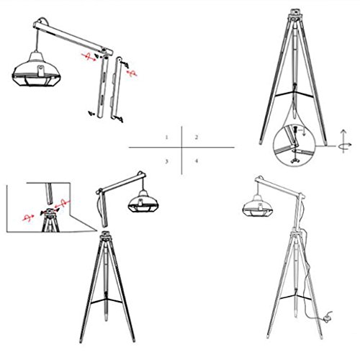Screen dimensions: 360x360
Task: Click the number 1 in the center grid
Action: [x=166, y=138]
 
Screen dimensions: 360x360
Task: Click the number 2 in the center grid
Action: [x=197, y=137]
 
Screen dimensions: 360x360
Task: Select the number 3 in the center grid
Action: [x=166, y=161]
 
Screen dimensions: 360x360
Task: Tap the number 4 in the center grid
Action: [x=197, y=161]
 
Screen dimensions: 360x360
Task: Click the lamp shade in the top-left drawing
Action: [x=37, y=70]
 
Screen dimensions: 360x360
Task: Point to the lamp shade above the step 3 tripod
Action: [x=143, y=202]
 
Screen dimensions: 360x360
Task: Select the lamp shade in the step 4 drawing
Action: [x=258, y=206]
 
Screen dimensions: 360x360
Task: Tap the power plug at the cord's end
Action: [x=328, y=315]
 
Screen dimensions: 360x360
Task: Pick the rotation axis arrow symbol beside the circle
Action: [x=344, y=142]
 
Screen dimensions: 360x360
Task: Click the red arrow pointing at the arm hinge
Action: [x=89, y=57]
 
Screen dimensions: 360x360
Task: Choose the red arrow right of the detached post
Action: [x=132, y=73]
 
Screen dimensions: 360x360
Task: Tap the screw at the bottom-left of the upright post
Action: [x=91, y=113]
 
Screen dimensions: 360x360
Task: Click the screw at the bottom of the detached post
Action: [x=120, y=118]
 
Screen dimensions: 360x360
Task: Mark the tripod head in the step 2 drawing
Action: [x=294, y=14]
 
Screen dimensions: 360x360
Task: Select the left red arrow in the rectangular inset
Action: [x=28, y=217]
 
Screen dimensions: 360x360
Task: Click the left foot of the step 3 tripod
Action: [x=81, y=340]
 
